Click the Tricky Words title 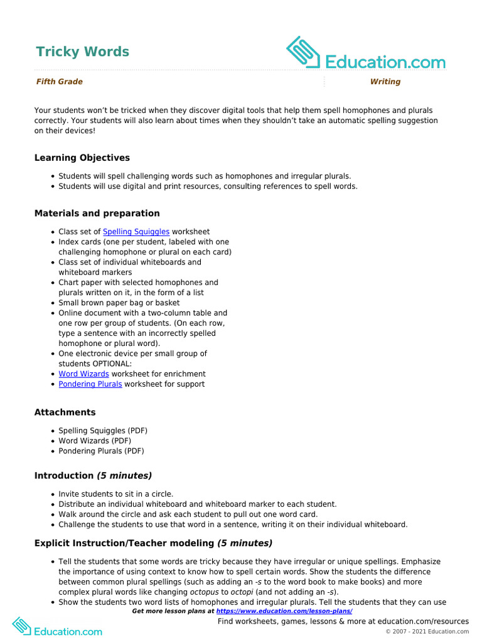(x=82, y=51)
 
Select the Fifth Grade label (x=59, y=82)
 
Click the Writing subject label (x=385, y=82)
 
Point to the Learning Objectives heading (x=82, y=158)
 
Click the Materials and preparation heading (x=97, y=213)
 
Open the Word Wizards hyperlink (x=83, y=374)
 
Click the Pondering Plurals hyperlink (x=90, y=384)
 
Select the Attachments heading (x=65, y=413)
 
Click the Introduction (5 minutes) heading (x=93, y=476)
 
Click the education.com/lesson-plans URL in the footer (x=284, y=611)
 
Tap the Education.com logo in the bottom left (x=56, y=628)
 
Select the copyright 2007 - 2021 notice (x=427, y=631)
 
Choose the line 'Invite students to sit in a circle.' (x=115, y=494)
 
